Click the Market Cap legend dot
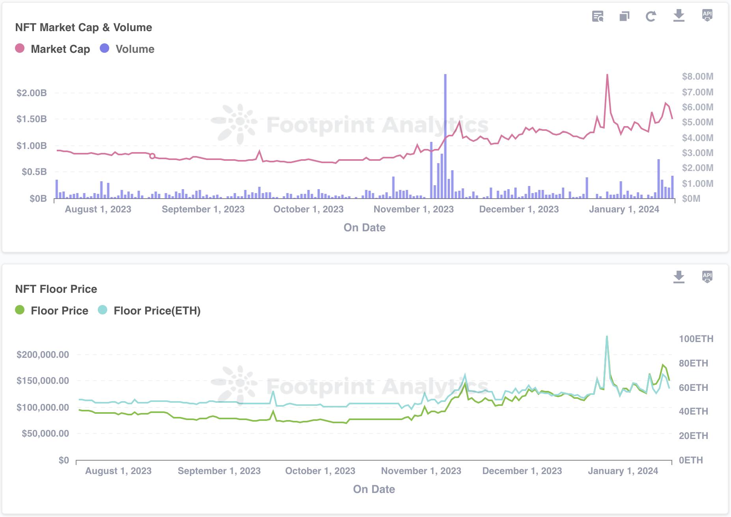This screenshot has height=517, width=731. point(20,48)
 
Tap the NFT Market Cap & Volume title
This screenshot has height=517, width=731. point(84,27)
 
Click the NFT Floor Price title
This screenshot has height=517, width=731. point(56,289)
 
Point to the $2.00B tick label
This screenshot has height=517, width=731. point(32,93)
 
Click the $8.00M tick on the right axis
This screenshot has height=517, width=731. point(697,76)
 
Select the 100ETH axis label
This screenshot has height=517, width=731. point(696,339)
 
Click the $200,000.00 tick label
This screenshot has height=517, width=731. point(43,355)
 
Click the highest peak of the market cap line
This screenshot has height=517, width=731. point(607,75)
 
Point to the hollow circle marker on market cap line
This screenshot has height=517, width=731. point(152,156)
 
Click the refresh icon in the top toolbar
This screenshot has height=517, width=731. point(651,16)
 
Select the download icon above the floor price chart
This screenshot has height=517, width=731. point(679,277)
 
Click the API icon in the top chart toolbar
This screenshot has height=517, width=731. point(707,15)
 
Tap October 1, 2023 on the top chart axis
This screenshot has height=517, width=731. point(308,209)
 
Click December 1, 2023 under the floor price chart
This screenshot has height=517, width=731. point(522,471)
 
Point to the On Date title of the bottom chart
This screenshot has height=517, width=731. point(374,489)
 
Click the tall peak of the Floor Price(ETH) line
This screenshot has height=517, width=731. point(607,337)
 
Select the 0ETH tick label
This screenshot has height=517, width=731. point(690,460)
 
